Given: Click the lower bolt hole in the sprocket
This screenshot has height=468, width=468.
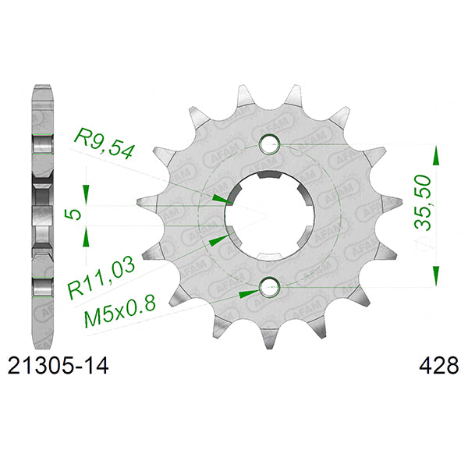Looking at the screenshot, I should [269, 287].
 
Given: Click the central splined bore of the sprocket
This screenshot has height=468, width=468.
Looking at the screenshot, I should [269, 214].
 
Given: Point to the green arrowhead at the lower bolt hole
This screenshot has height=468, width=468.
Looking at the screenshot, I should [250, 293].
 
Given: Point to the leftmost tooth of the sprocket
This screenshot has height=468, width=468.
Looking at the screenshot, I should [145, 200].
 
